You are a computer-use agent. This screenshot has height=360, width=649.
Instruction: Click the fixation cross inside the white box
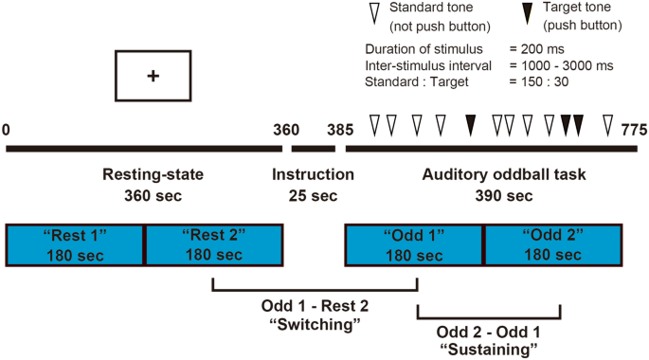click(x=152, y=76)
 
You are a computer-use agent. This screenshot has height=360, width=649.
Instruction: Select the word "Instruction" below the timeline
click(x=313, y=175)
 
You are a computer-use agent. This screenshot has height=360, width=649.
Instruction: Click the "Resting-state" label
click(x=153, y=175)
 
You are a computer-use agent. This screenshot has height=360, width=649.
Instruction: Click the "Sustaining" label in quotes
click(x=489, y=350)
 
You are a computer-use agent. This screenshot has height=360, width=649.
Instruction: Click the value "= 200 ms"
click(x=537, y=48)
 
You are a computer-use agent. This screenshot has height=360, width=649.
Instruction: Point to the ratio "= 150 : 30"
click(x=542, y=81)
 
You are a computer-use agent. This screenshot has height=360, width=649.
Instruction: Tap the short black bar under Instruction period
click(x=313, y=149)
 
